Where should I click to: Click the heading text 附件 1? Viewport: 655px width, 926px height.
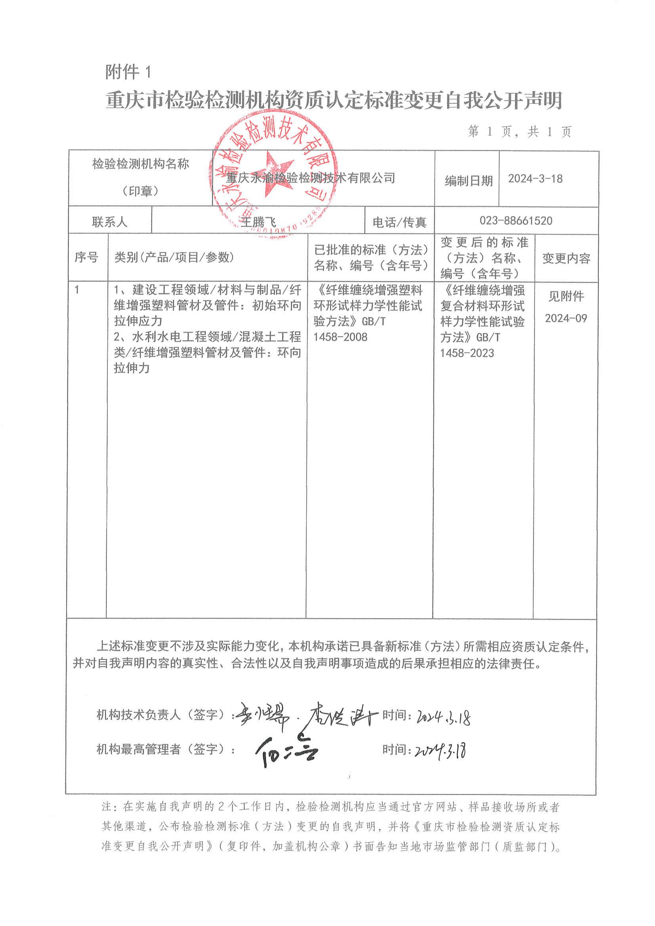tap(128, 73)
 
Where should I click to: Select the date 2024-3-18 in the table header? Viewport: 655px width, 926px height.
tap(535, 179)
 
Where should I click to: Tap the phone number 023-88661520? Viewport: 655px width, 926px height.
tap(516, 221)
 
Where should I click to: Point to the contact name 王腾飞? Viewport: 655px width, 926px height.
tap(258, 222)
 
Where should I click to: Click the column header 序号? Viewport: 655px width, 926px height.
tap(86, 257)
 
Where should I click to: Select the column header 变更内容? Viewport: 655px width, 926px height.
tap(566, 258)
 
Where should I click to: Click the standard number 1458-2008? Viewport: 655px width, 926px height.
tap(340, 337)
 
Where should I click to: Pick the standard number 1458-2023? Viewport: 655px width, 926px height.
tap(467, 354)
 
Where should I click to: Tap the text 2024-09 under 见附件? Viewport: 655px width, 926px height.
tap(566, 318)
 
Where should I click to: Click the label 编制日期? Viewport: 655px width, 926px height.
tap(469, 181)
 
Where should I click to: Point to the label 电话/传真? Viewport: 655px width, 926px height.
tap(399, 222)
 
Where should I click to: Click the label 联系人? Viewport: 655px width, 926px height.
tap(109, 222)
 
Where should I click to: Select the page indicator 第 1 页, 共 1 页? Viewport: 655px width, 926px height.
tap(519, 132)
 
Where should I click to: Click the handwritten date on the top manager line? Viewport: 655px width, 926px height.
tap(441, 751)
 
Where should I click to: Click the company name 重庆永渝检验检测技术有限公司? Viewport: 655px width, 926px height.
tap(310, 178)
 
